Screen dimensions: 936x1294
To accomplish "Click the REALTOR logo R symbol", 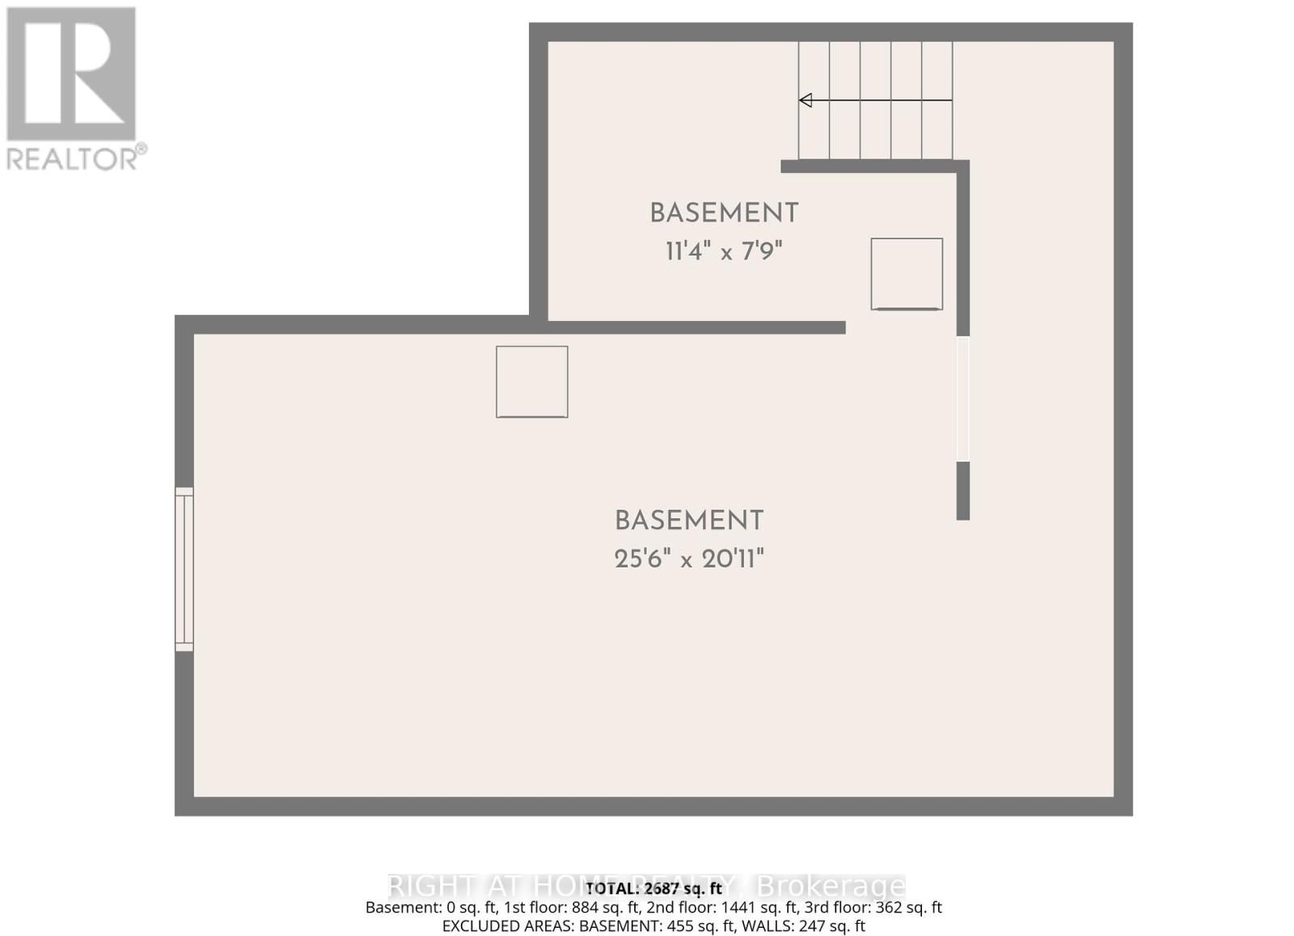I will coord(71,74).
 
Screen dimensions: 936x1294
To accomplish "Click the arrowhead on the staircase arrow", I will coord(806,100).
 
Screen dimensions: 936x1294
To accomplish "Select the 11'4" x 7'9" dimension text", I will coord(724,251).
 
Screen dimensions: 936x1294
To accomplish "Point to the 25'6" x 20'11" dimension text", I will coord(689,559).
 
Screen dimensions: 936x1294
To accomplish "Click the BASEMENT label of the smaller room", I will coord(724,213).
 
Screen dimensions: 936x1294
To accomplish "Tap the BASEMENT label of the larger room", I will coord(689,521).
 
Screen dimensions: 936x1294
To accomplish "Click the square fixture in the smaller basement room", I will coord(907,274).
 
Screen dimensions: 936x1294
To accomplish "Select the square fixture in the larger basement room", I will coord(532,382).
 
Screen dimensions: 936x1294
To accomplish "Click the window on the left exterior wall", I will coord(184,569).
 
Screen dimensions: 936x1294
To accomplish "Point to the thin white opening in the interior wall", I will coord(962,398).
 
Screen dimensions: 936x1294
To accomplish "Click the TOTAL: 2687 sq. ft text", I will coord(653,888).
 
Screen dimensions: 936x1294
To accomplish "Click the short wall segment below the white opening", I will coord(962,491).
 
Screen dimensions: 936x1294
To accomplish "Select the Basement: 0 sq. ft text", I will coord(424,908).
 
